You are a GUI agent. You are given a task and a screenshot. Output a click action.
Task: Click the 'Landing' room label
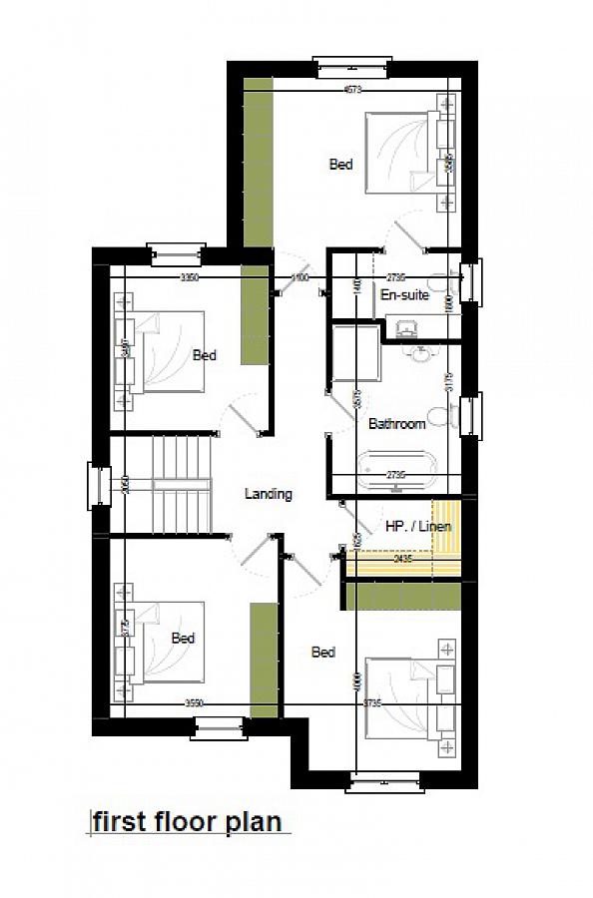point(269,493)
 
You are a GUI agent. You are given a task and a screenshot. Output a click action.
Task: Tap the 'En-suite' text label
point(404,295)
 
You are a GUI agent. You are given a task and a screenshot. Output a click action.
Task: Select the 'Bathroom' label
point(397,424)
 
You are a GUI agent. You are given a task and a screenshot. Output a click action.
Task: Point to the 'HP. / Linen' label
point(418,526)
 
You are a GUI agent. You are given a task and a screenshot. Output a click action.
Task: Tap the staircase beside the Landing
point(181,484)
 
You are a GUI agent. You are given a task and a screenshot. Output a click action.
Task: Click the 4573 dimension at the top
point(352,90)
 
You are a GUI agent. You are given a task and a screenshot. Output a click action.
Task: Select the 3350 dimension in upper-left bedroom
point(190,278)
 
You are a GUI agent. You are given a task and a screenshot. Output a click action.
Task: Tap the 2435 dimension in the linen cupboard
point(403,560)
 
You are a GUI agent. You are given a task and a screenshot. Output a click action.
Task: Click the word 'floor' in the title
point(185,821)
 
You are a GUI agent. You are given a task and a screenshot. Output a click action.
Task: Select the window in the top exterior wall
point(352,67)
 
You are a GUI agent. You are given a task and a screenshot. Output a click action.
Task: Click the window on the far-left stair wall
point(98,486)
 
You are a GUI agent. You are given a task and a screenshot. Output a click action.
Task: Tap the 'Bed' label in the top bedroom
point(341,165)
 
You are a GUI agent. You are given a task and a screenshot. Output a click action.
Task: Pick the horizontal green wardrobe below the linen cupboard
point(403,596)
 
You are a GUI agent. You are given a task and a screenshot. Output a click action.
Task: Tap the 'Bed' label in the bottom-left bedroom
point(183,638)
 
